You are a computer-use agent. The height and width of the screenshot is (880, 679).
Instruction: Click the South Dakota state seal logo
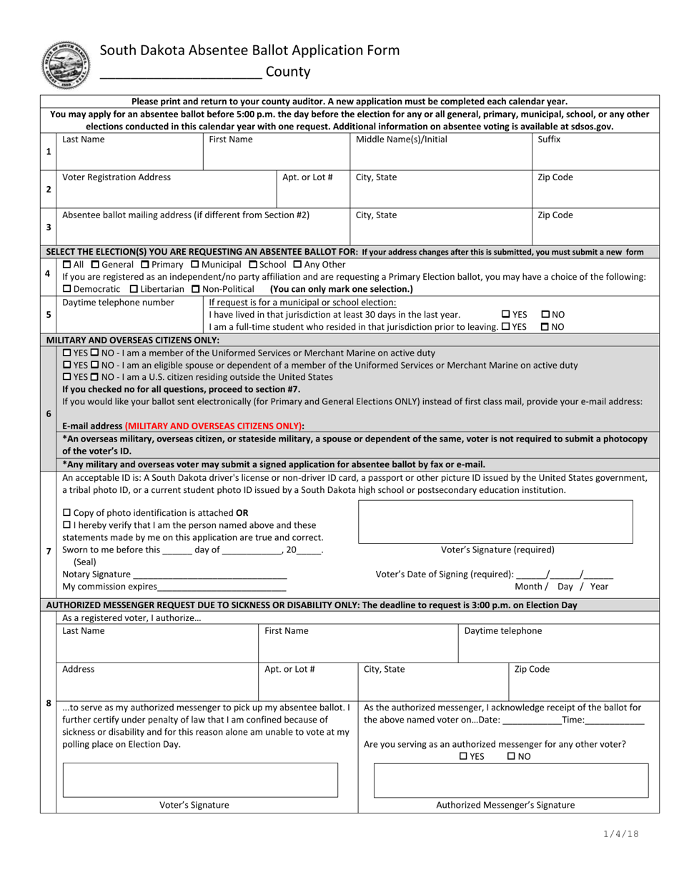pyautogui.click(x=62, y=64)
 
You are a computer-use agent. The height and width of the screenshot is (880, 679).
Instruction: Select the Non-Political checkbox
pyautogui.click(x=197, y=289)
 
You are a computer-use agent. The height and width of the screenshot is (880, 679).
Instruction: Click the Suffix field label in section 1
pyautogui.click(x=549, y=140)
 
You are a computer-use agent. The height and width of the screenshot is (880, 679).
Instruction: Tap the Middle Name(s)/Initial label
pyautogui.click(x=402, y=140)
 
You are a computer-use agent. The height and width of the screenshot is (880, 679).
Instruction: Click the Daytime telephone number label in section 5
pyautogui.click(x=118, y=302)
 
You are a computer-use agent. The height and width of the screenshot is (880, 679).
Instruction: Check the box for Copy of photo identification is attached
pyautogui.click(x=67, y=513)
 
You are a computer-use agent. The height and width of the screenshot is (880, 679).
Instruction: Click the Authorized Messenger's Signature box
pyautogui.click(x=511, y=780)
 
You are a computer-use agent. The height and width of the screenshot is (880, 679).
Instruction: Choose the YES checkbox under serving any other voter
pyautogui.click(x=463, y=756)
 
